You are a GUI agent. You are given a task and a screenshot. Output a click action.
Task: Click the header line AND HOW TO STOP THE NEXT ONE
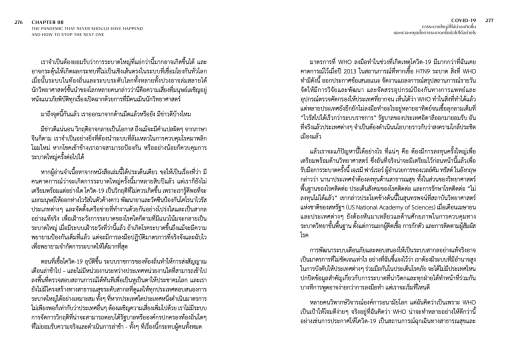(x=67, y=34)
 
